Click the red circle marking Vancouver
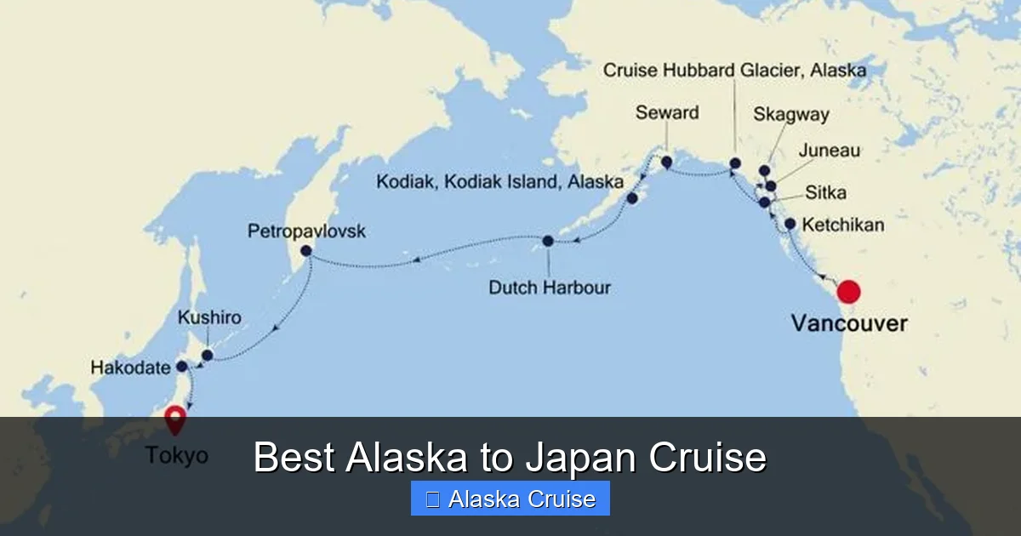coord(848,292)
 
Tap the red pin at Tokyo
coord(175,419)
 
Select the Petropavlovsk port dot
coord(306,251)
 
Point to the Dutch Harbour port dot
coord(548,241)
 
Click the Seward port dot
coord(666,162)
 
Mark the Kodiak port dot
coord(632,198)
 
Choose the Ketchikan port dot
coord(790,225)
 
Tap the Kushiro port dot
coord(207,355)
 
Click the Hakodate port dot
coord(181,367)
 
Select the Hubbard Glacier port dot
coord(735,163)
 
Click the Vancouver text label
coord(848,324)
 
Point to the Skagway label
coord(790,115)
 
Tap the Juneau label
coord(829,151)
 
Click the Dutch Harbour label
coord(549,288)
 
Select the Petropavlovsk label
coord(306,231)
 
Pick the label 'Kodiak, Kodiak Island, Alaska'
coord(499,182)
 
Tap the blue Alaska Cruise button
coord(510,499)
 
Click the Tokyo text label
coord(176,455)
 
